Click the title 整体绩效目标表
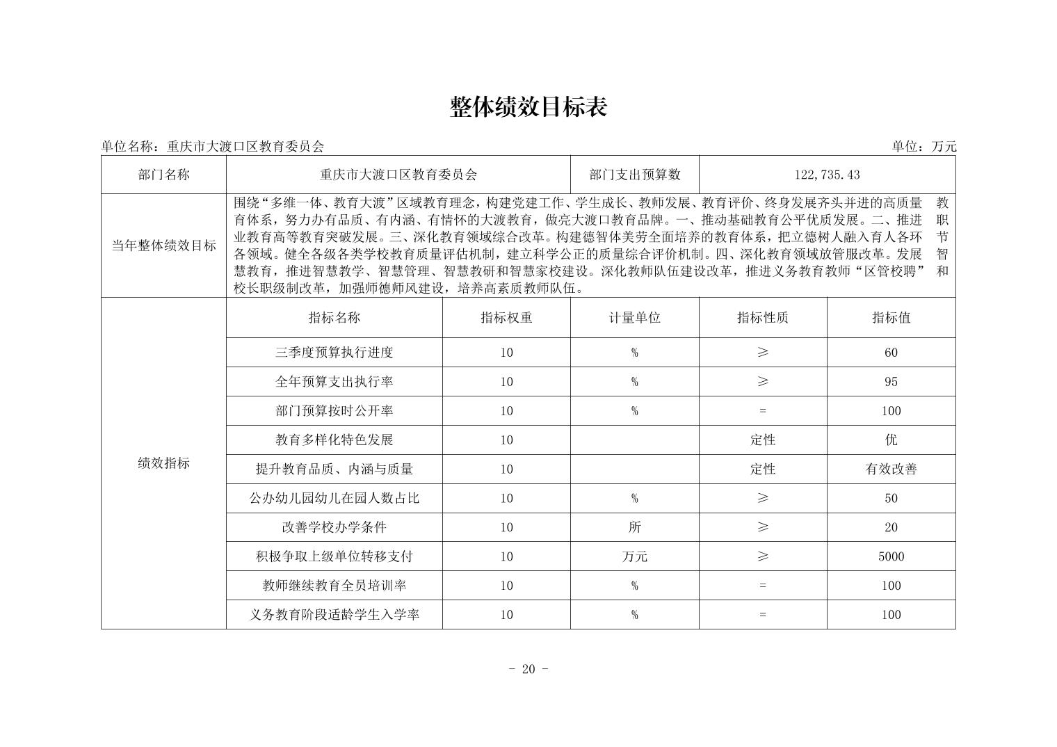tap(528, 107)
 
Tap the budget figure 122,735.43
tap(827, 175)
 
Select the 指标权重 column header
tap(506, 318)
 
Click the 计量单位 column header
tap(634, 318)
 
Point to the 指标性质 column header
tap(763, 318)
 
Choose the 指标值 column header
tap(891, 318)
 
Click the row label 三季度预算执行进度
tap(334, 353)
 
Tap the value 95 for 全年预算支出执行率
tap(891, 382)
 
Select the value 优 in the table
tap(891, 440)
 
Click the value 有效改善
tap(891, 469)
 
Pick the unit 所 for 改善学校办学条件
tap(634, 527)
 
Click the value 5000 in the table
tap(891, 556)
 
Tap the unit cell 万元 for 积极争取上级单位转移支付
tap(634, 556)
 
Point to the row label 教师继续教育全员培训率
tap(334, 586)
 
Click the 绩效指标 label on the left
tap(163, 463)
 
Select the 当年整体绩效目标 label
tap(163, 246)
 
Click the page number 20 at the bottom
tap(528, 669)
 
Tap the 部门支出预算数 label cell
tap(634, 175)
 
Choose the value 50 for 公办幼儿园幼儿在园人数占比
tap(891, 499)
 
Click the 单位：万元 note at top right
tap(924, 146)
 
